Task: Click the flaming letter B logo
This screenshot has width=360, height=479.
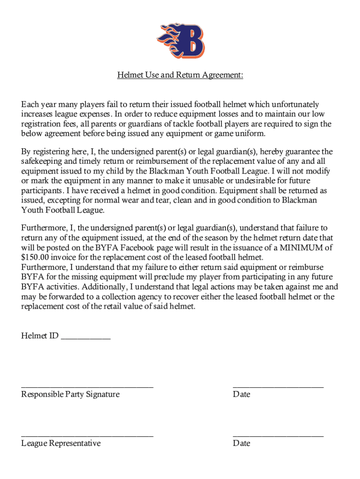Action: [x=180, y=41]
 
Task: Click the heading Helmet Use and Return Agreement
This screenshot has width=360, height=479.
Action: [x=180, y=75]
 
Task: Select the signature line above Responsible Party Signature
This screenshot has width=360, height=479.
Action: [x=87, y=386]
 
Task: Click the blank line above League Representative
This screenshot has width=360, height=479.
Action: [x=87, y=435]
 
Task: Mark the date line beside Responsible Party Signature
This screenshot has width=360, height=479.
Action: [x=278, y=386]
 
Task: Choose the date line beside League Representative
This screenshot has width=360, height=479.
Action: [x=278, y=435]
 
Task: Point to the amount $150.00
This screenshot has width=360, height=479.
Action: [x=36, y=257]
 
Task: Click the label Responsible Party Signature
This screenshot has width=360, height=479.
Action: [x=70, y=394]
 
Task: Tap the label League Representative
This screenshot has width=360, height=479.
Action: [x=61, y=443]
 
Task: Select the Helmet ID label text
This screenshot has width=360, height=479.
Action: [x=40, y=335]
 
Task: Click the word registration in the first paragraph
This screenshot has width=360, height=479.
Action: [x=42, y=124]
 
